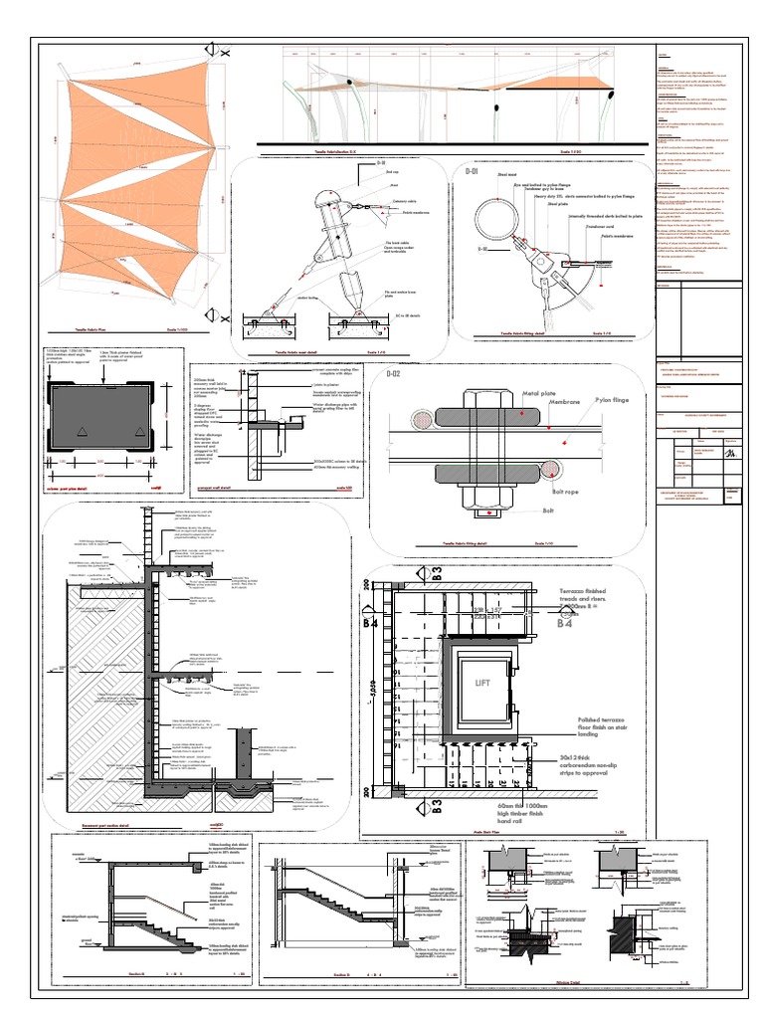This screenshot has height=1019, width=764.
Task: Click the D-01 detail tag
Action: (x=473, y=173)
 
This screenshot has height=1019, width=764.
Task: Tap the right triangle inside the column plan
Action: (x=139, y=430)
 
